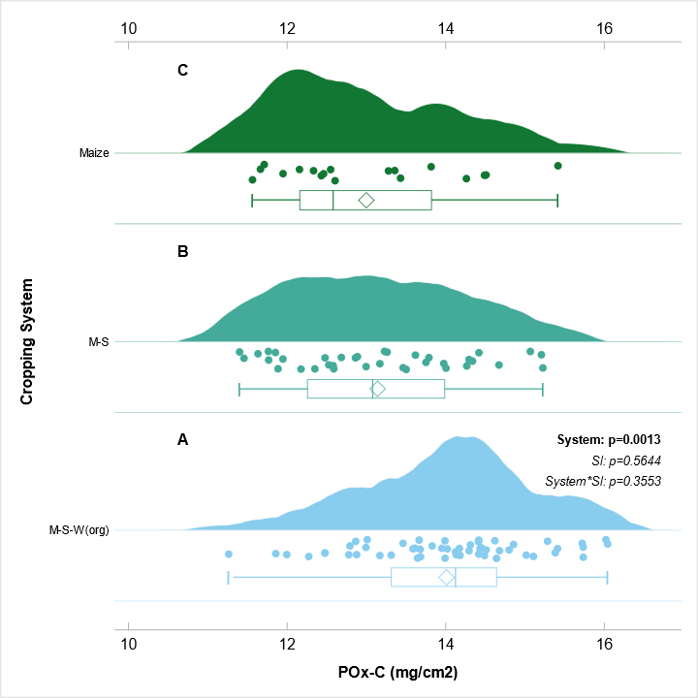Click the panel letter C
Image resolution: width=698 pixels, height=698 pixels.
(x=182, y=70)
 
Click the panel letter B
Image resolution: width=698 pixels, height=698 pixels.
(x=182, y=252)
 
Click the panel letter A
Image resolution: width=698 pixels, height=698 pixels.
(x=182, y=440)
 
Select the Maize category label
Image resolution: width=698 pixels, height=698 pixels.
(x=94, y=152)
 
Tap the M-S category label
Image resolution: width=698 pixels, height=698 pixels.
(x=99, y=341)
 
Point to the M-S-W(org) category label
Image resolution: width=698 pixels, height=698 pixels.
(x=79, y=529)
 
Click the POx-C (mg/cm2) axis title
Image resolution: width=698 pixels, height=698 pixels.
(x=397, y=672)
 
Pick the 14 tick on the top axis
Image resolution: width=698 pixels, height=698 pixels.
(x=446, y=28)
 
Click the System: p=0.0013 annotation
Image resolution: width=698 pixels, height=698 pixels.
(x=609, y=440)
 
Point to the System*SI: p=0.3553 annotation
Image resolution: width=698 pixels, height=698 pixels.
(x=604, y=481)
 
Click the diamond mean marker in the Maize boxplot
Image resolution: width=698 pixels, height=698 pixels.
(x=365, y=200)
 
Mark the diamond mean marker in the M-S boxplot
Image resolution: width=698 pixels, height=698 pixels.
(x=378, y=389)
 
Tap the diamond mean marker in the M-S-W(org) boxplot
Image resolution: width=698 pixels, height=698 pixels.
(x=446, y=577)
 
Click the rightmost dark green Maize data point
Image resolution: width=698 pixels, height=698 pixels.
(x=557, y=166)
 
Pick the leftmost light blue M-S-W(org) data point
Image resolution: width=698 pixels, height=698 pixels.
(x=229, y=554)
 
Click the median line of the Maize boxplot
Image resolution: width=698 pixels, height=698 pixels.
(x=333, y=200)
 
